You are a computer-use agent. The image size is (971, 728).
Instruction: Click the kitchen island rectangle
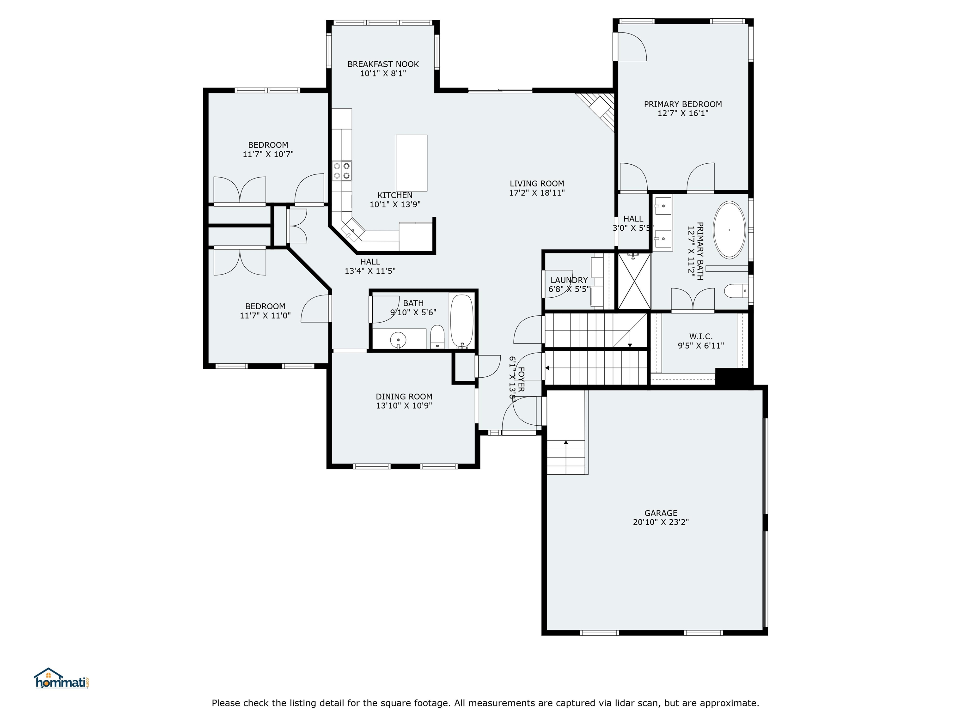click(411, 163)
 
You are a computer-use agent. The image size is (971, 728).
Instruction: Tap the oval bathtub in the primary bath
click(729, 229)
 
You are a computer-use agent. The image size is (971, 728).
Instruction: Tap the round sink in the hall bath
click(398, 340)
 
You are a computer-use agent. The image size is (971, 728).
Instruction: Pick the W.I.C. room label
click(701, 336)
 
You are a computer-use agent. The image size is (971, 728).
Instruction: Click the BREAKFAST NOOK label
click(383, 64)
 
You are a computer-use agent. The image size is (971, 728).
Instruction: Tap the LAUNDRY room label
click(569, 280)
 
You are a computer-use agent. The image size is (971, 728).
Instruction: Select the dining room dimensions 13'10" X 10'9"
click(404, 405)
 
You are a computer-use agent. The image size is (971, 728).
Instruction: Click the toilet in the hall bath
click(437, 337)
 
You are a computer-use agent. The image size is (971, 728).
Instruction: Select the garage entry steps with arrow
click(566, 456)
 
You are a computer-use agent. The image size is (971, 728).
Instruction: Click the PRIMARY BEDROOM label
click(683, 104)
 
